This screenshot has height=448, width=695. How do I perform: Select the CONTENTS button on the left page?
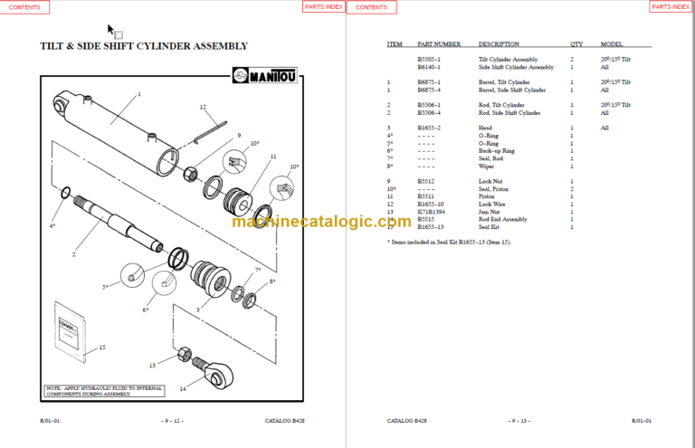[24, 7]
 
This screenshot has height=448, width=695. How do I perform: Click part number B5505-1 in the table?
[429, 60]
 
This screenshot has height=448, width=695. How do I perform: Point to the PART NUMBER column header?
[439, 43]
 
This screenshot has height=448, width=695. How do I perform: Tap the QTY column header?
[576, 43]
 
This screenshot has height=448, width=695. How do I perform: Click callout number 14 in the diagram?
[182, 388]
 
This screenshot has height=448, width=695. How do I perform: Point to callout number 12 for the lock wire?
[203, 107]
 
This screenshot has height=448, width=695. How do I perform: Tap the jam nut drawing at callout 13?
[184, 353]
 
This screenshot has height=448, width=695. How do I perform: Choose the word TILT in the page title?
[55, 45]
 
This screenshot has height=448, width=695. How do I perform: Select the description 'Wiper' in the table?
[488, 167]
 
